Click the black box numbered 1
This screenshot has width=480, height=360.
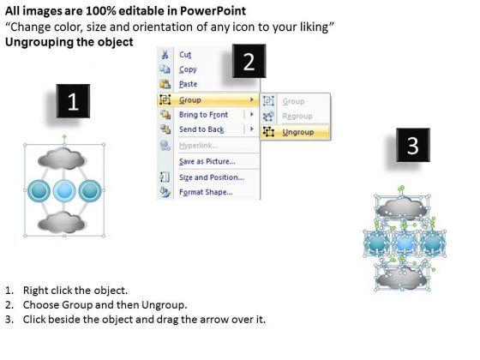[x=73, y=101]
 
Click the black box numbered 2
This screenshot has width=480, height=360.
[x=249, y=61]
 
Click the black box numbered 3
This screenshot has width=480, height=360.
[x=413, y=145]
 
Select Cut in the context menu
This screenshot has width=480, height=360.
[x=185, y=55]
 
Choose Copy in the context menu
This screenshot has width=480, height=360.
[x=188, y=69]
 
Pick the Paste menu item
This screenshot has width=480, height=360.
[x=188, y=84]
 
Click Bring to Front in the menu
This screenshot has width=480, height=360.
[x=204, y=115]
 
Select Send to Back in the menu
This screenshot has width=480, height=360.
[x=201, y=129]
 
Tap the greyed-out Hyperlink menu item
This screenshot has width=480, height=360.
[x=198, y=146]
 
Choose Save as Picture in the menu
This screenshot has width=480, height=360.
[x=207, y=161]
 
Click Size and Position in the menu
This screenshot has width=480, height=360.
[x=212, y=177]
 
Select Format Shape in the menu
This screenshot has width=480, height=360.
[x=206, y=192]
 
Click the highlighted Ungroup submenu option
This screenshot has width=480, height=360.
[x=298, y=132]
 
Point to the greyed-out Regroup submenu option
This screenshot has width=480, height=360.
[x=297, y=116]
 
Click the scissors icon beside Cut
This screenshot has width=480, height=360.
[x=165, y=55]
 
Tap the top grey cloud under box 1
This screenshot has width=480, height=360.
[x=62, y=158]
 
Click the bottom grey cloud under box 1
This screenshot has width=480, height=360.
[x=62, y=222]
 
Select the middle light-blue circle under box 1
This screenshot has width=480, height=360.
[x=64, y=190]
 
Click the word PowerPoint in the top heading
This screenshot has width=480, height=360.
[x=213, y=11]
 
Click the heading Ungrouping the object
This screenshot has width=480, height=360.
[x=69, y=42]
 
